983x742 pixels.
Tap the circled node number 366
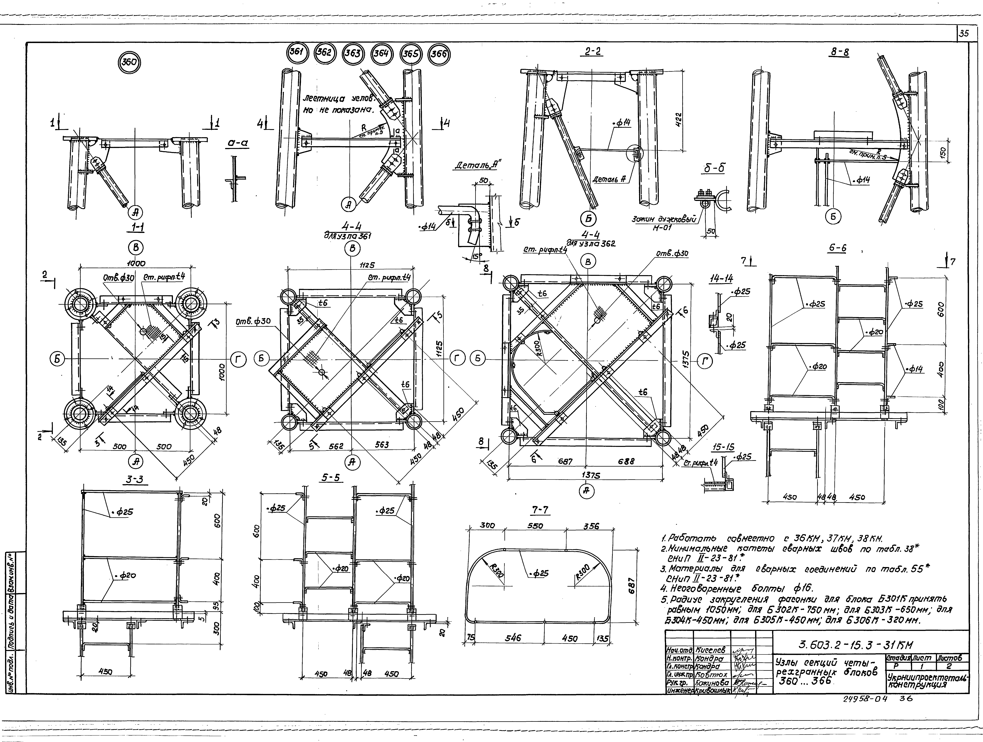point(439,54)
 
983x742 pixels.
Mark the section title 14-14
point(721,278)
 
